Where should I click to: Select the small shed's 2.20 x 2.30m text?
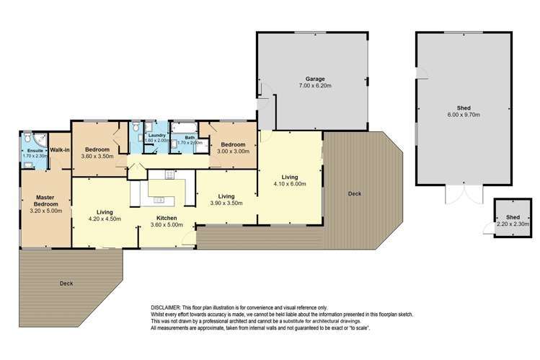(513, 224)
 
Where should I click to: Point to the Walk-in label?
(59, 150)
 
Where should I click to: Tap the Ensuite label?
(34, 150)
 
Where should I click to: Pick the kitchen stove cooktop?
(171, 174)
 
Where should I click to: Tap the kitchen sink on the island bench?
(159, 200)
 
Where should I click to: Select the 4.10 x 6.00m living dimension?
(290, 183)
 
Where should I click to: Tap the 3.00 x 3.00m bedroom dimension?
(234, 152)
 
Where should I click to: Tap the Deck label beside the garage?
(354, 194)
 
